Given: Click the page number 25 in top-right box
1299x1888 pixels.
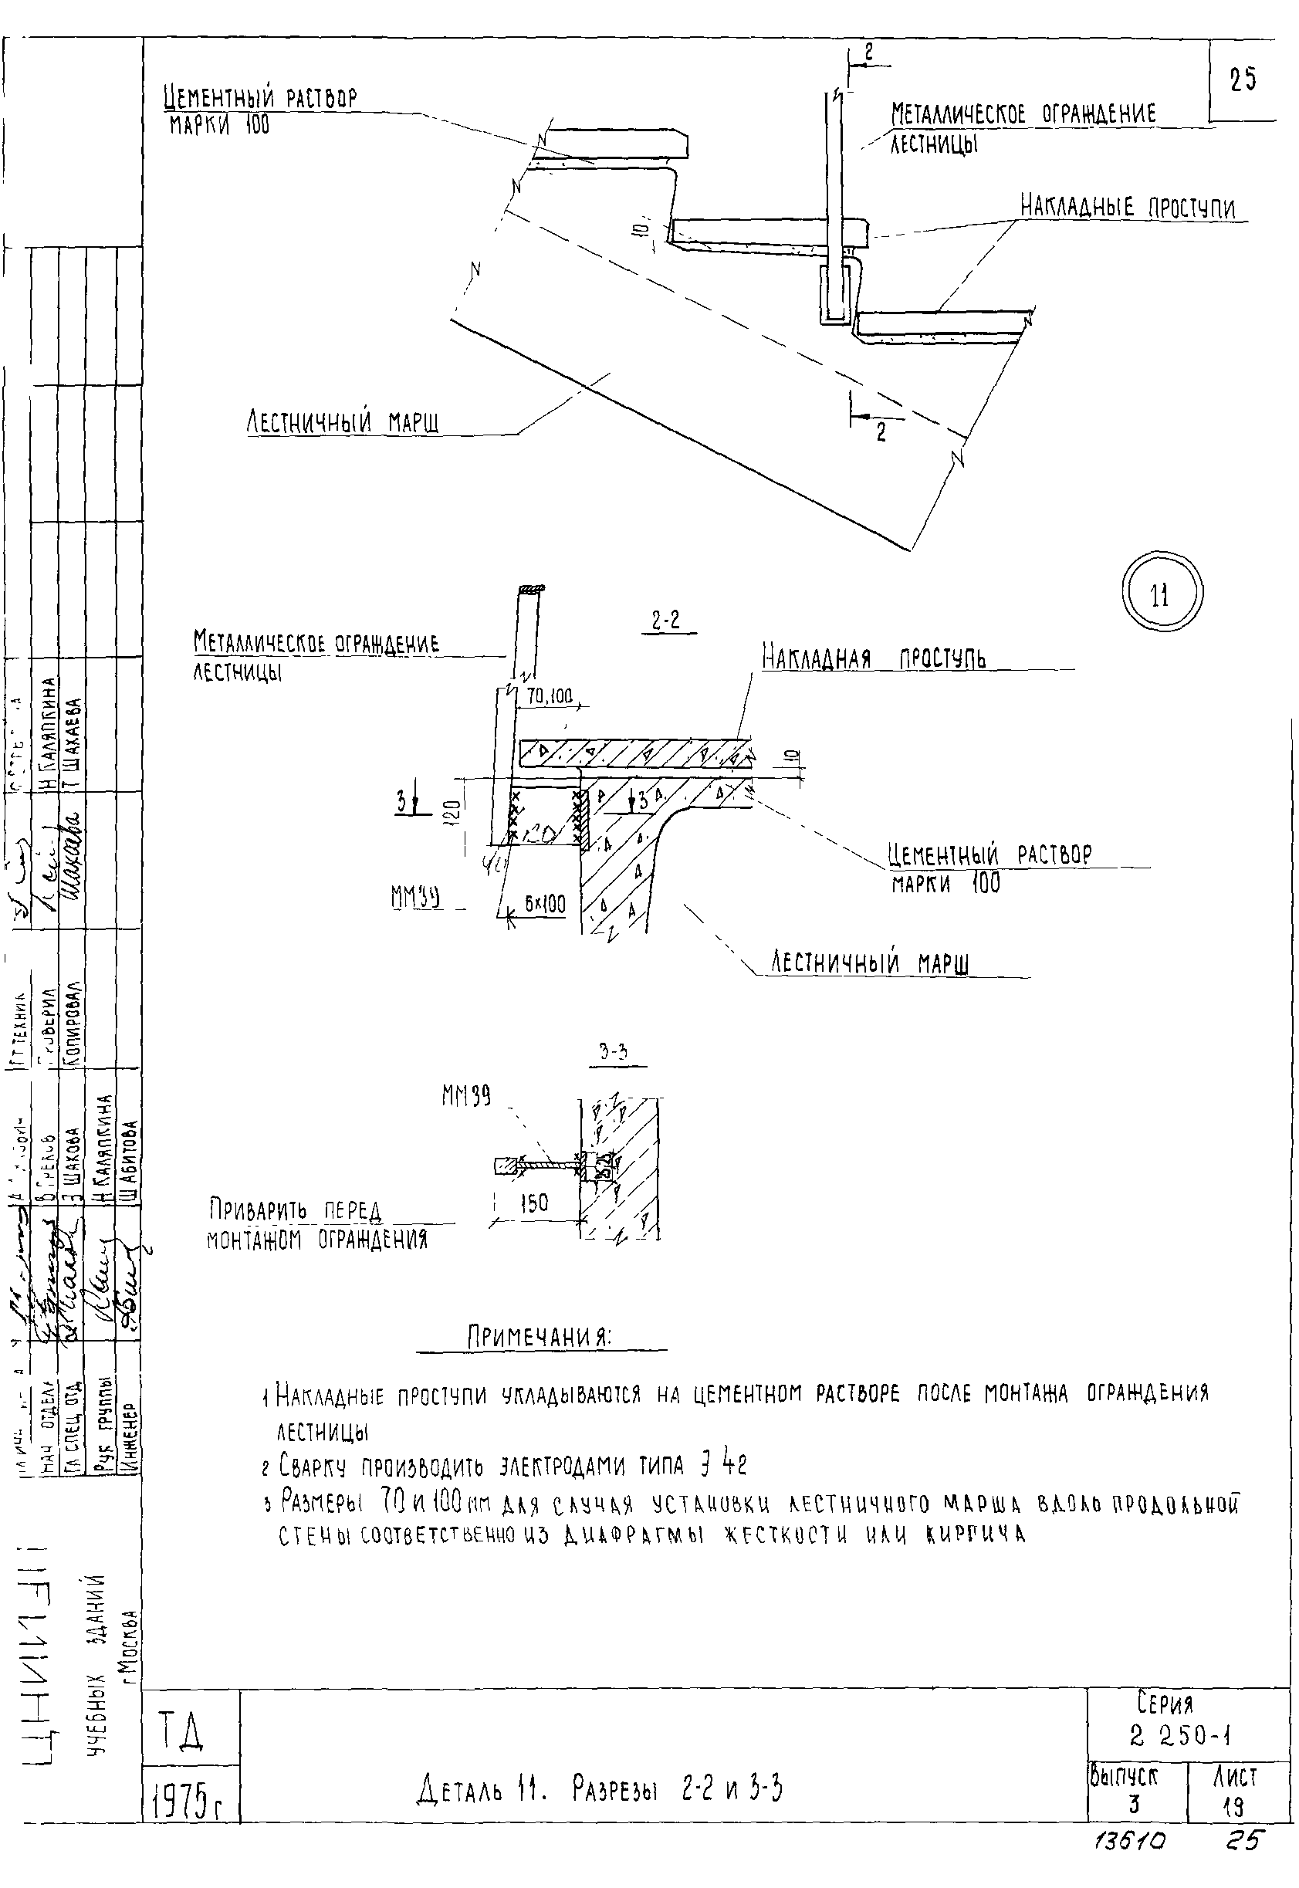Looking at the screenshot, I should [x=1242, y=80].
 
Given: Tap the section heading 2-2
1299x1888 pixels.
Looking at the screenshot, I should [x=666, y=621].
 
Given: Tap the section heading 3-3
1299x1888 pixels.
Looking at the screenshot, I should [x=613, y=1052].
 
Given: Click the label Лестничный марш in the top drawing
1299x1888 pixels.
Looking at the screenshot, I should [x=343, y=421].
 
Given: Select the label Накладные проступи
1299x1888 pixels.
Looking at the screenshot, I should [x=1128, y=207].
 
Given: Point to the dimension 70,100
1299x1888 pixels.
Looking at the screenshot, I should [x=550, y=695].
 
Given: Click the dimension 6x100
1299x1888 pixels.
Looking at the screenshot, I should [x=544, y=904].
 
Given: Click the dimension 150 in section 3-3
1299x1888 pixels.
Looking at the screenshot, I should [x=534, y=1203].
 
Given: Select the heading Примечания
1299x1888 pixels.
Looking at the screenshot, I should [x=540, y=1336].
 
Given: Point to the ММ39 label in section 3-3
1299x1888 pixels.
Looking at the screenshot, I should [x=466, y=1096].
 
